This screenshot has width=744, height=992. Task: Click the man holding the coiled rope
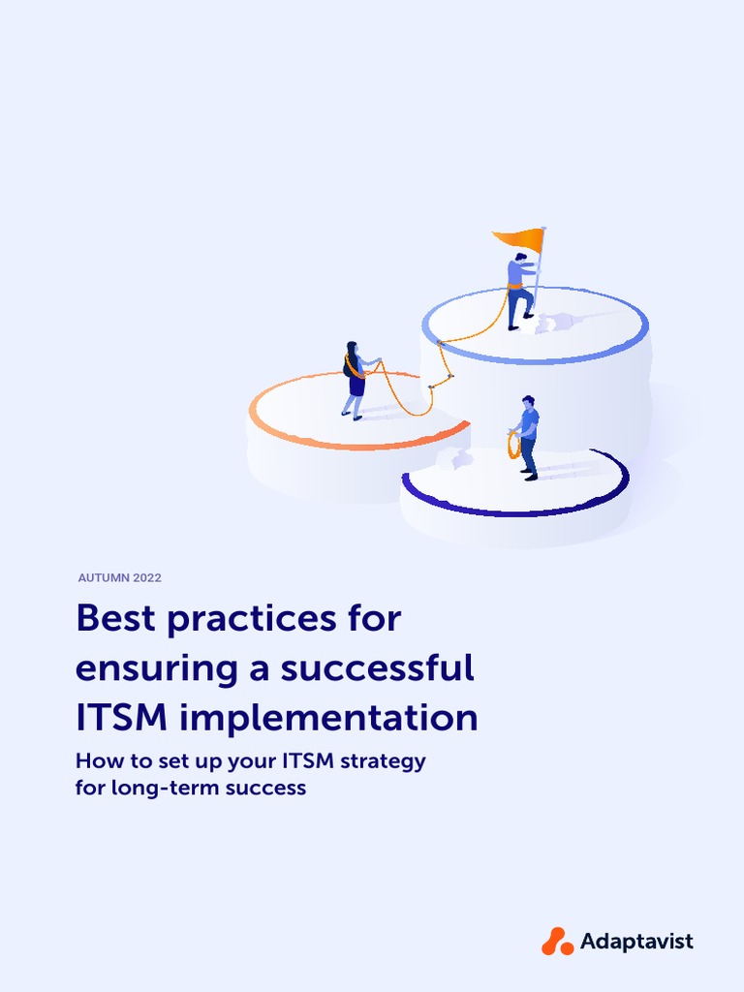click(528, 437)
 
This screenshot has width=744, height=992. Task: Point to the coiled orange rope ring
click(513, 445)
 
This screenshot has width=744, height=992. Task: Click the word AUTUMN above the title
click(100, 578)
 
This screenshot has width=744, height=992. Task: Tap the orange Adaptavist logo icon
click(558, 941)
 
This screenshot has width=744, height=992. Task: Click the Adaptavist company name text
click(636, 941)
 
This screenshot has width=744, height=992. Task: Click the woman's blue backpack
click(347, 367)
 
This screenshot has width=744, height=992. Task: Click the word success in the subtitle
click(265, 788)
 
